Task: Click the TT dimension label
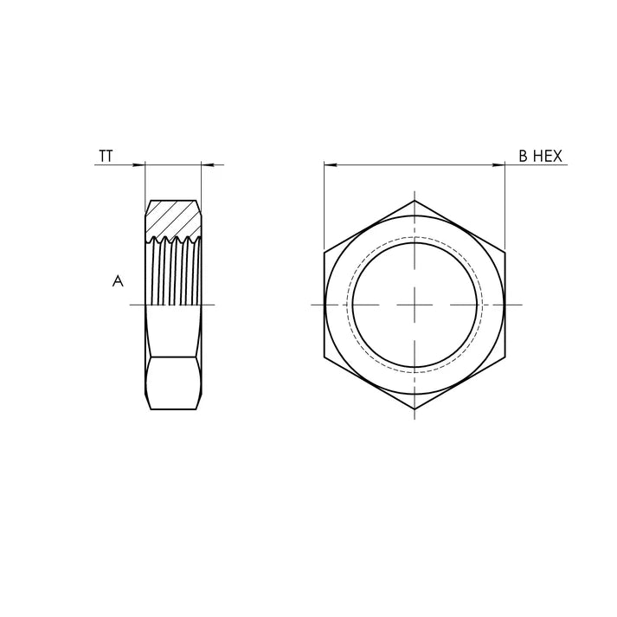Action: pyautogui.click(x=106, y=157)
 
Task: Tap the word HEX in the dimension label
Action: pyautogui.click(x=549, y=157)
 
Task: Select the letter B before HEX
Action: pyautogui.click(x=523, y=157)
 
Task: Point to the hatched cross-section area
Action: pyautogui.click(x=172, y=217)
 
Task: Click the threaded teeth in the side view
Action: pyautogui.click(x=173, y=268)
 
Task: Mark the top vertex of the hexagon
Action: pyautogui.click(x=415, y=201)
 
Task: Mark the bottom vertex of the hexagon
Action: pyautogui.click(x=415, y=408)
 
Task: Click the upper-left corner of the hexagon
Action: pyautogui.click(x=325, y=253)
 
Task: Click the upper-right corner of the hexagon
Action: pyautogui.click(x=505, y=253)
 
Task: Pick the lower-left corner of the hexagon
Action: pyautogui.click(x=325, y=357)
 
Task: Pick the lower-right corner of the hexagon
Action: pyautogui.click(x=505, y=357)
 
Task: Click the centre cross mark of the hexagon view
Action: pyautogui.click(x=415, y=305)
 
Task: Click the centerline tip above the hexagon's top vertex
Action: pyautogui.click(x=415, y=191)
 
